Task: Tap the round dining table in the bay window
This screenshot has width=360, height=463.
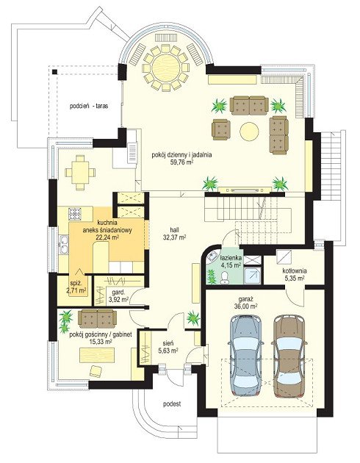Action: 165,68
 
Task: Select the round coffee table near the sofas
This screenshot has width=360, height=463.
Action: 249,131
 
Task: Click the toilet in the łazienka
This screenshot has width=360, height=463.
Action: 225,278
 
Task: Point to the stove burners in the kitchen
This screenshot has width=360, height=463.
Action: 75,214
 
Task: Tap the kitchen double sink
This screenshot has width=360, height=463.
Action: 63,244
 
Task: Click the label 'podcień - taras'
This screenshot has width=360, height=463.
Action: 89,106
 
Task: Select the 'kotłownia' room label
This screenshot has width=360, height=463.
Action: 295,270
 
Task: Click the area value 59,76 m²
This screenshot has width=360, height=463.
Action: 181,162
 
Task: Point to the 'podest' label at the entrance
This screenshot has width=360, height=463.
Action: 172,403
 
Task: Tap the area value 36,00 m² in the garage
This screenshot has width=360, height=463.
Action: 245,306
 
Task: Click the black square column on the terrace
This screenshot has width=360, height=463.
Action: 54,72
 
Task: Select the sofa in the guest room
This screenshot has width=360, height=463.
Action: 97,318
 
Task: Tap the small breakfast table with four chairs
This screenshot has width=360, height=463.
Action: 80,172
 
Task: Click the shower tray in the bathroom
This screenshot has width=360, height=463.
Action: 253,276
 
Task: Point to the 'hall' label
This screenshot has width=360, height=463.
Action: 174,230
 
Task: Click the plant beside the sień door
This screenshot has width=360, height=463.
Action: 192,318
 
